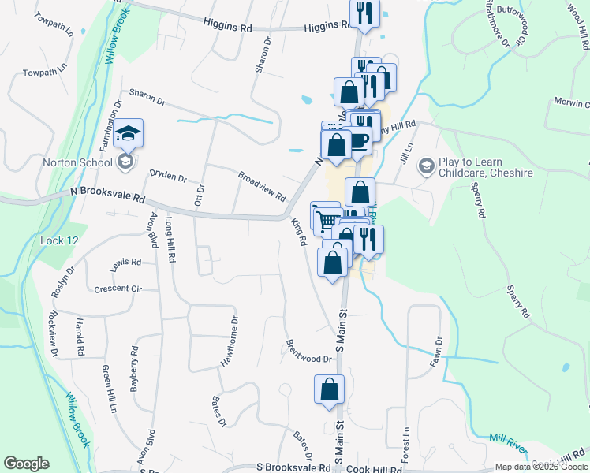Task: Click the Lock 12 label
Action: click(x=59, y=240)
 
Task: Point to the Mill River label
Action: click(x=507, y=443)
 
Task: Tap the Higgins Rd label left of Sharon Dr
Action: click(x=226, y=27)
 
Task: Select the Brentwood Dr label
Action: click(x=309, y=352)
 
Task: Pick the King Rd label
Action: click(x=297, y=233)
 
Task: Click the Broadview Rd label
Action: click(x=261, y=184)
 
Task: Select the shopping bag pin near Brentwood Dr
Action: click(x=330, y=389)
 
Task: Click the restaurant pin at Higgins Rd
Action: click(x=364, y=12)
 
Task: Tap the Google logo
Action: click(x=26, y=464)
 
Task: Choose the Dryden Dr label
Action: click(x=168, y=176)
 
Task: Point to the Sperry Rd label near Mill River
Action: click(x=519, y=303)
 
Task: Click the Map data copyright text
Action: click(x=542, y=467)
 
